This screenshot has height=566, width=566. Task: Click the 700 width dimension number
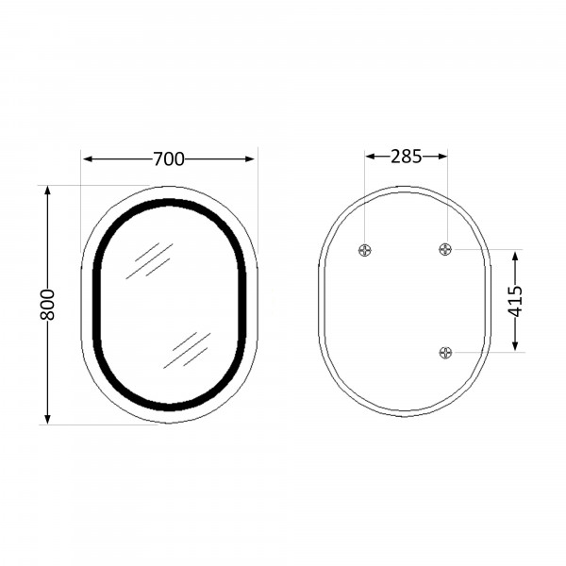(169, 158)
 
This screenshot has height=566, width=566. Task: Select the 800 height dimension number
(47, 305)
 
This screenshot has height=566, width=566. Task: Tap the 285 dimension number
(406, 157)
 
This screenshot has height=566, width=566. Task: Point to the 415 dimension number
(515, 301)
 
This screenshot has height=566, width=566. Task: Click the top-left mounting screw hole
(365, 250)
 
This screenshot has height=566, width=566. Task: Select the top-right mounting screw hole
(445, 249)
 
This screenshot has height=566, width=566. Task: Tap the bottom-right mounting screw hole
(446, 352)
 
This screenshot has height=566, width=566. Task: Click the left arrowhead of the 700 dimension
(88, 158)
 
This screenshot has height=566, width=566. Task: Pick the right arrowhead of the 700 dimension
(250, 158)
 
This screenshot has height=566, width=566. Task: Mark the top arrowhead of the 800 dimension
(47, 191)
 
